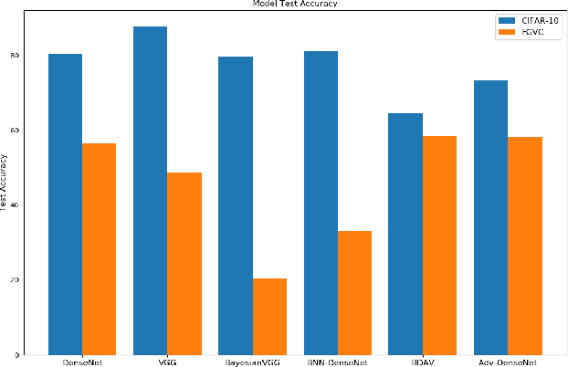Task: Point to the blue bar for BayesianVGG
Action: point(235,205)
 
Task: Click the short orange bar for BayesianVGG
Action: point(269,316)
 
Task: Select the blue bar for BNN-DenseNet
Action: point(320,203)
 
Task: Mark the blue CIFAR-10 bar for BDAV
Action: point(405,234)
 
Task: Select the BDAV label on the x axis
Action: point(422,362)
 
